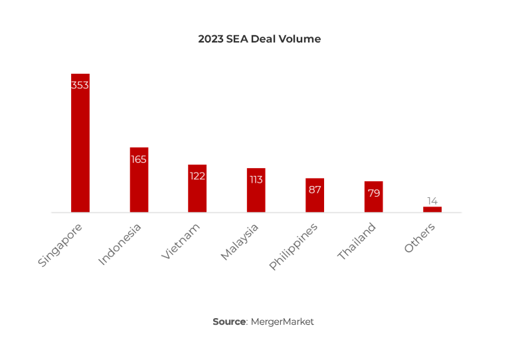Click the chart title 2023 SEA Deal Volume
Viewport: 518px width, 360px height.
pos(259,39)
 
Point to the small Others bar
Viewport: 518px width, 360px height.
pos(432,209)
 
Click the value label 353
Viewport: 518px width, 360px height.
pos(80,85)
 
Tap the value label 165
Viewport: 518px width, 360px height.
pos(139,159)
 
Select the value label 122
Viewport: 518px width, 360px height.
pos(197,176)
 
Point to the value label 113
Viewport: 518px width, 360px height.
pos(256,179)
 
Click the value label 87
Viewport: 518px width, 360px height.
pos(315,189)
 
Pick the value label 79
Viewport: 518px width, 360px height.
pos(373,193)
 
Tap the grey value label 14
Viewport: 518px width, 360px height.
pos(432,201)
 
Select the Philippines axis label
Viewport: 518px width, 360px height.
pos(294,246)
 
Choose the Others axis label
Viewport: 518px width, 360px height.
pos(420,237)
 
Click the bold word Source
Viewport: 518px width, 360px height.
pos(229,321)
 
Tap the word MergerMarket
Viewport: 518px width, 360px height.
pos(282,321)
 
